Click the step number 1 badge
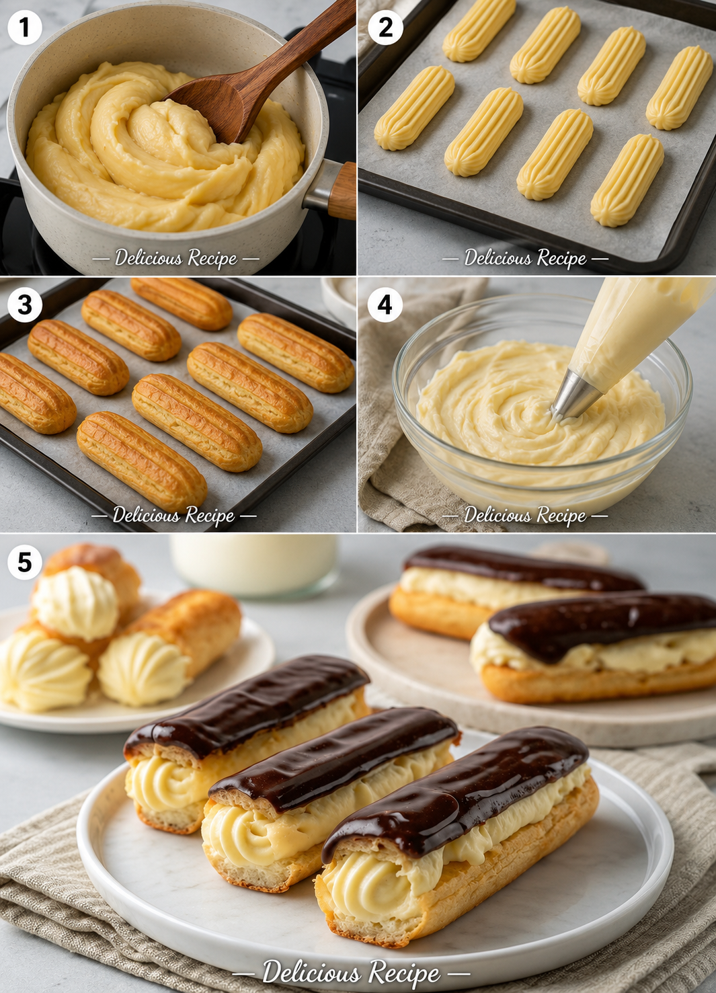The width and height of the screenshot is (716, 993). (24, 28)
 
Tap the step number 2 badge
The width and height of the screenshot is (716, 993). (385, 28)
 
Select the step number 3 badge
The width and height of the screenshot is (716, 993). (24, 305)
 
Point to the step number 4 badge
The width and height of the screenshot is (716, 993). (385, 305)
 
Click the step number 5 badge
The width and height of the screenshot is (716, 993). (24, 563)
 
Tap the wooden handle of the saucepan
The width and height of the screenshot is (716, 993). (342, 191)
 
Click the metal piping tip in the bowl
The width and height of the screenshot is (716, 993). (575, 396)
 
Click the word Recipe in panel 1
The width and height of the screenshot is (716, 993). (212, 258)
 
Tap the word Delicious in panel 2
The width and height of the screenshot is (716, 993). (498, 257)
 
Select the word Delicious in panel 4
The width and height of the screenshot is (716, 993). (498, 515)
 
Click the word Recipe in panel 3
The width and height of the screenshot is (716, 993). (210, 515)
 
